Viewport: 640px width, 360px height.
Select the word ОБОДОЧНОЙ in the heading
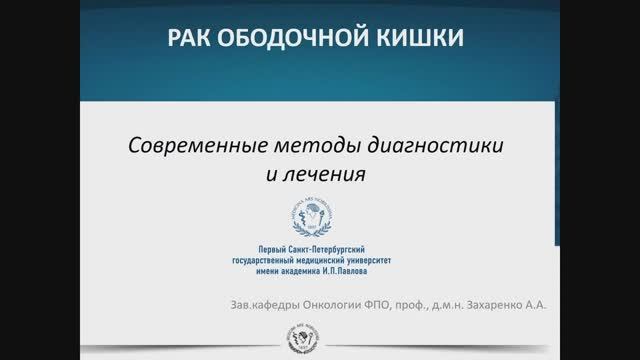tap(285, 41)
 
